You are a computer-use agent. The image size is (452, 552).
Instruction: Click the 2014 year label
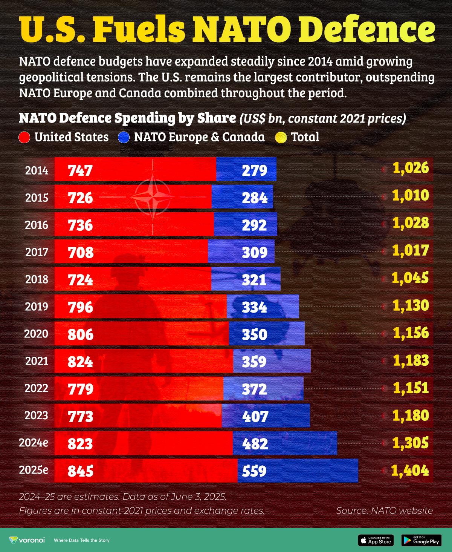37,170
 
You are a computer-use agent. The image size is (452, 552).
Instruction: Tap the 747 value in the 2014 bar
80,171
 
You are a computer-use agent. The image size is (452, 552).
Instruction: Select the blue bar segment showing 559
298,471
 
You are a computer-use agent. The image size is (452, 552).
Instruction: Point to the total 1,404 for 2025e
410,470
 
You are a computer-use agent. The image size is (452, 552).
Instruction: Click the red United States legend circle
24,137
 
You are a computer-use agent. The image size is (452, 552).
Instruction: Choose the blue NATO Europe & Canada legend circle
124,137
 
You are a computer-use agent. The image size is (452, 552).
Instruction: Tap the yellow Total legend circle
281,137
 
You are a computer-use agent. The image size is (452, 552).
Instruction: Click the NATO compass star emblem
153,197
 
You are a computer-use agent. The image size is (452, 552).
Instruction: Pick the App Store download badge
376,540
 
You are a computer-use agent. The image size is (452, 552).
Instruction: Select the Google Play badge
421,540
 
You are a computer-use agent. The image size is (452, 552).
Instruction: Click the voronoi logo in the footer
23,540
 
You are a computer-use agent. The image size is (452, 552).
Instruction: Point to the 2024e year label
34,443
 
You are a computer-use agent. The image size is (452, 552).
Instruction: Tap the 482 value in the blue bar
255,444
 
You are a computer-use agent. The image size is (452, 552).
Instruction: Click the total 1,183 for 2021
411,361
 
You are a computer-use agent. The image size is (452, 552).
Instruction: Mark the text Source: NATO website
384,511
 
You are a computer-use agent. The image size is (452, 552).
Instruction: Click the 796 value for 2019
80,307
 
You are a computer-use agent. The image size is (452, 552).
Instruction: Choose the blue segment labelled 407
266,416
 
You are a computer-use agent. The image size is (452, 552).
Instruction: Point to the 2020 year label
36,334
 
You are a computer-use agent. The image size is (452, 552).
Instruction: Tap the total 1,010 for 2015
411,195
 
